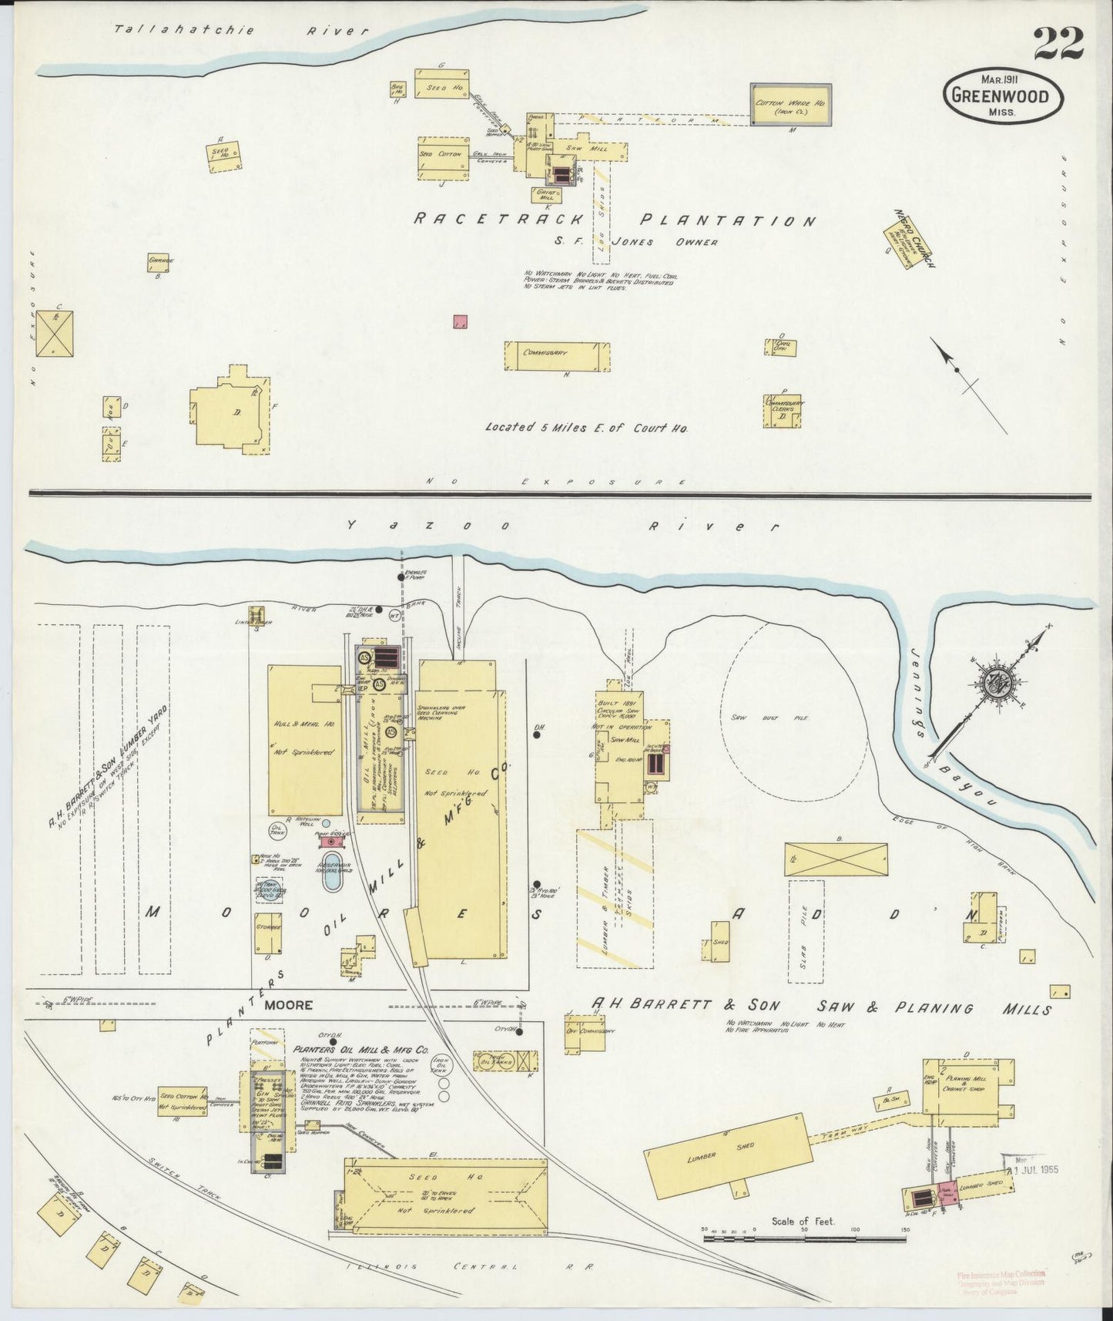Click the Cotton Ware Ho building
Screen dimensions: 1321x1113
click(790, 105)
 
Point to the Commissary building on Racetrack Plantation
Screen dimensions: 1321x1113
click(557, 355)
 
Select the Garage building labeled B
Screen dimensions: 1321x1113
click(161, 263)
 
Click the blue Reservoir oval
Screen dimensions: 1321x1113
click(332, 872)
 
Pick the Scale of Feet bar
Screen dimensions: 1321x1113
click(803, 1238)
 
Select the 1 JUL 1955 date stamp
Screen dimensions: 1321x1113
click(1034, 1170)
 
